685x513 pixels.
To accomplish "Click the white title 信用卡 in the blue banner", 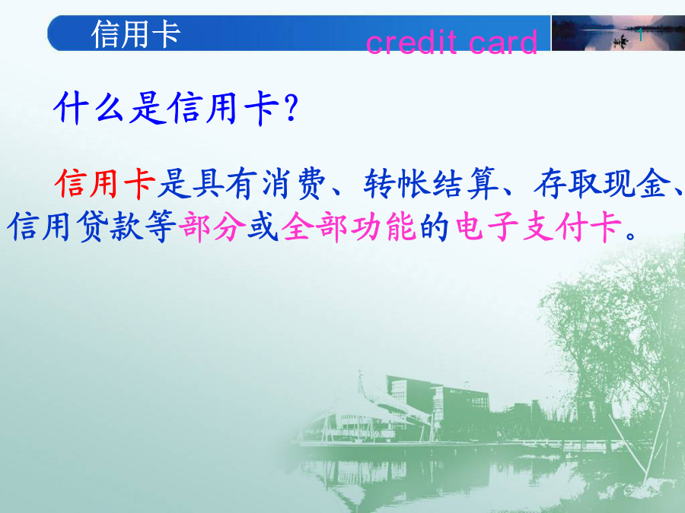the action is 136,33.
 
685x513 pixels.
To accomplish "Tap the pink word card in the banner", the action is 503,43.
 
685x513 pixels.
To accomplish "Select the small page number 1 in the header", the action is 640,35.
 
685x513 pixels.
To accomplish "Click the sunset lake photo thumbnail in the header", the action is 618,33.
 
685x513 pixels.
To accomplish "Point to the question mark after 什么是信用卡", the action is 291,108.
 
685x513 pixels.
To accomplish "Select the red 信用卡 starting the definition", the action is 105,184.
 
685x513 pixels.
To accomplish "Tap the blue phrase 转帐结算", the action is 430,184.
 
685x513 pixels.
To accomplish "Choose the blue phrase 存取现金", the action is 602,184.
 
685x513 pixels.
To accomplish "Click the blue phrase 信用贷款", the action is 75,226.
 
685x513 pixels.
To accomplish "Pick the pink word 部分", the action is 212,226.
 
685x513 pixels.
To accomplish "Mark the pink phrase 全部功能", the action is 349,226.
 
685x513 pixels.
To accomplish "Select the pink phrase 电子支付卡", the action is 538,226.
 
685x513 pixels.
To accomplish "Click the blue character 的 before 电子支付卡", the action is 435,226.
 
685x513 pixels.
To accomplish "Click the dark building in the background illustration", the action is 438,401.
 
